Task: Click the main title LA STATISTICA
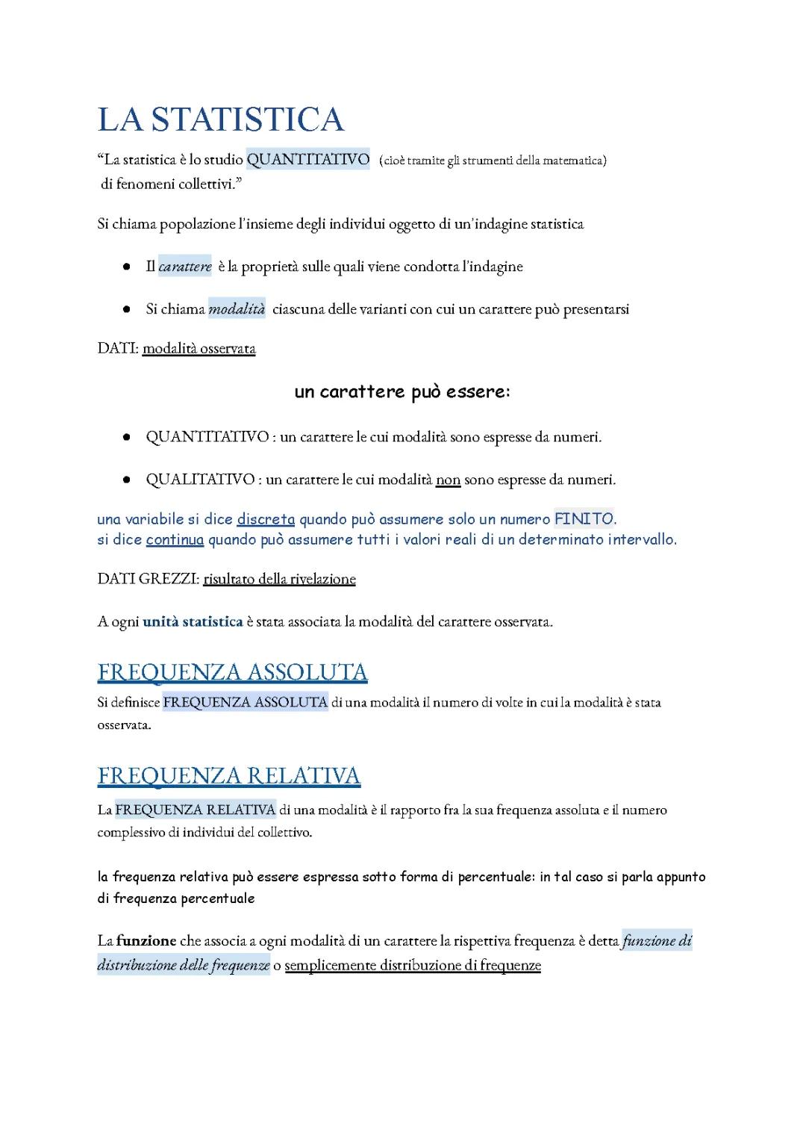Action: (x=221, y=120)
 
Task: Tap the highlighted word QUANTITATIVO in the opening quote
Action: (x=307, y=160)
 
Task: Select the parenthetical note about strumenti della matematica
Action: (x=493, y=161)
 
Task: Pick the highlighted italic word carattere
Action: (x=185, y=267)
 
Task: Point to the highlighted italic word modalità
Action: (x=237, y=309)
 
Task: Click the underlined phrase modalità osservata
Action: (x=199, y=349)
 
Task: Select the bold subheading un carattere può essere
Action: (x=402, y=392)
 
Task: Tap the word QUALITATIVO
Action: (x=200, y=480)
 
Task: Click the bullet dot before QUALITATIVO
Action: (x=128, y=480)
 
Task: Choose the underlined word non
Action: (x=448, y=480)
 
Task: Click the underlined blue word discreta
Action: (x=266, y=519)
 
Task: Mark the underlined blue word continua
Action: (x=175, y=540)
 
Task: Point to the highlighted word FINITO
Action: (x=584, y=519)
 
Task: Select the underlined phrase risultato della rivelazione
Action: (x=279, y=580)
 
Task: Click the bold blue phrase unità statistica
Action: (x=193, y=621)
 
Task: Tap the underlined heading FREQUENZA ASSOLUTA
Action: (x=232, y=672)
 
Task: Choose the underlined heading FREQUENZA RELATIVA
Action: (x=228, y=776)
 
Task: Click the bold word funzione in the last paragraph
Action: (x=146, y=941)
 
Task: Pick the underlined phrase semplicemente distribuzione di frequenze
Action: (x=413, y=966)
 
